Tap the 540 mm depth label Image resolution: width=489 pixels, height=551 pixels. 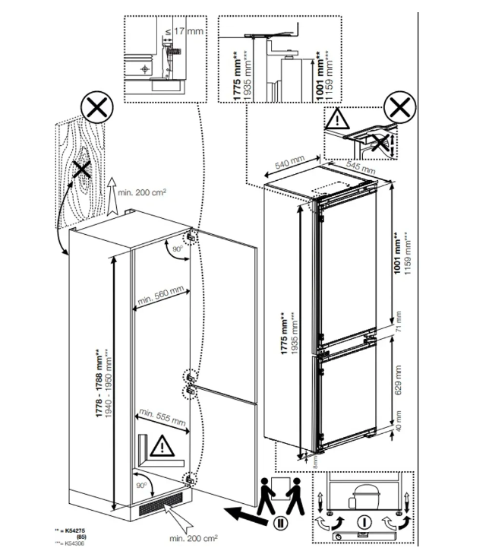tap(289, 163)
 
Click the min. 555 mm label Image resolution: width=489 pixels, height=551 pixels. tap(160, 416)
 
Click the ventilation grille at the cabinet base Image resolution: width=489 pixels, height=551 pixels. tap(160, 504)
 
